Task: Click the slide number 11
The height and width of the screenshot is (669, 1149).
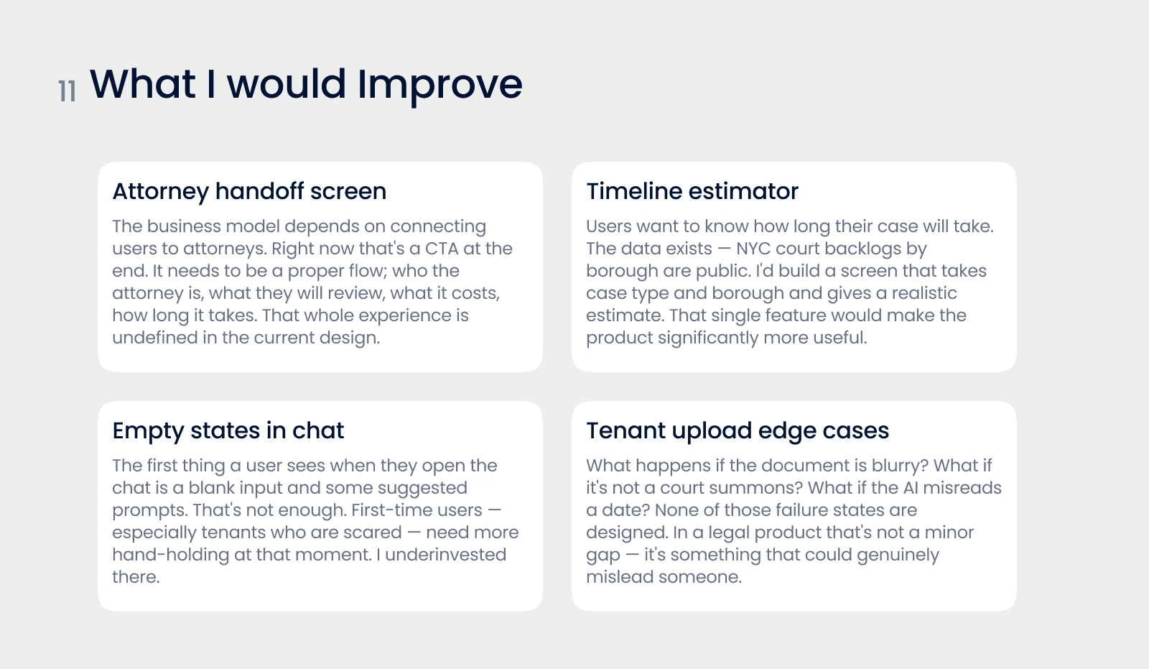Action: coord(68,92)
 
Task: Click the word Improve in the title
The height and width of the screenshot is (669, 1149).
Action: coord(439,85)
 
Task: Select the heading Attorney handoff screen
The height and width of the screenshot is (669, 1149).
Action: coord(249,192)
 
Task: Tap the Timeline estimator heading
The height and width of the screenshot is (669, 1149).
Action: coord(692,192)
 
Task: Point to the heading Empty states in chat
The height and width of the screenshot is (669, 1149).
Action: coord(228,430)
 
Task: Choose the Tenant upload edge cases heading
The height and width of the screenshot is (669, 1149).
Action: coord(738,430)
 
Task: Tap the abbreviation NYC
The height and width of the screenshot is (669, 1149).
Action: coord(753,249)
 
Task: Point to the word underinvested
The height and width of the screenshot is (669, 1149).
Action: coord(445,555)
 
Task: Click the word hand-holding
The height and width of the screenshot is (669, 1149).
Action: coord(171,555)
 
